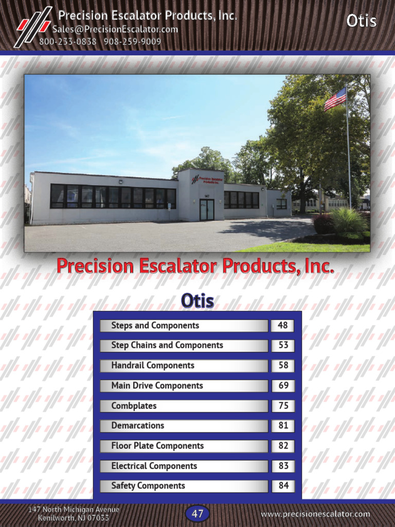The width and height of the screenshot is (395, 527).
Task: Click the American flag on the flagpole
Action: click(x=335, y=99)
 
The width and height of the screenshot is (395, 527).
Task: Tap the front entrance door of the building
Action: click(x=207, y=209)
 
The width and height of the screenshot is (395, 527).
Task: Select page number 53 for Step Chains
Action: click(x=283, y=345)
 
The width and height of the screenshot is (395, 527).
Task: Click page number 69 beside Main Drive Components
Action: click(x=283, y=385)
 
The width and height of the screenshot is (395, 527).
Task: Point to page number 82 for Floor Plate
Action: click(x=283, y=446)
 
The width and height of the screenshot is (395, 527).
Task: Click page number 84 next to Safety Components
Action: click(x=283, y=486)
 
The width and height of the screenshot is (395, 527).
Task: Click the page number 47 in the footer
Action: click(x=197, y=514)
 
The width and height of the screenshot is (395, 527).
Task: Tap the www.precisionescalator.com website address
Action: click(x=315, y=514)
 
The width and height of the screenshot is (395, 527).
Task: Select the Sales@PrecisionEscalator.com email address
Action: click(x=115, y=29)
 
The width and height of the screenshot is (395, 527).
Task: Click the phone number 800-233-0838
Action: click(x=68, y=42)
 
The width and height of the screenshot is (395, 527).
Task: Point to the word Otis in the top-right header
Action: click(x=361, y=21)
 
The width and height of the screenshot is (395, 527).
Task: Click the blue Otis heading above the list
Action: click(x=197, y=301)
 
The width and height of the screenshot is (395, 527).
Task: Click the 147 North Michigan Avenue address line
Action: click(x=74, y=510)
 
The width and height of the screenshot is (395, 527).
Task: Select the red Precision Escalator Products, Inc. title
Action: click(x=195, y=267)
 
